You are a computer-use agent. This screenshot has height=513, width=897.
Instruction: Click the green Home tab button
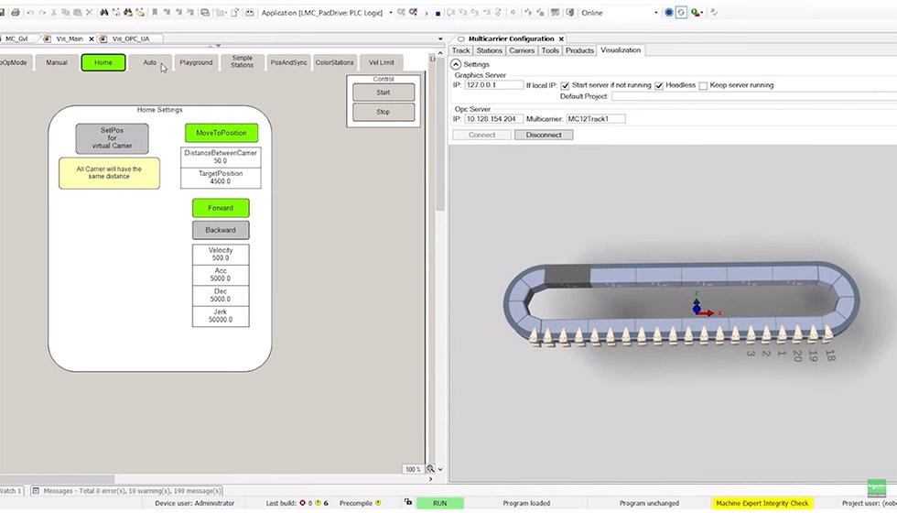coord(103,62)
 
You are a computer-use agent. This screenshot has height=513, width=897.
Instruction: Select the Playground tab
coord(196,62)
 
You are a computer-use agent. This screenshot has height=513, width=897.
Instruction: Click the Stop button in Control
coord(383,112)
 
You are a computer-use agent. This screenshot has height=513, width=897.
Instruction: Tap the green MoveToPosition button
coord(221,133)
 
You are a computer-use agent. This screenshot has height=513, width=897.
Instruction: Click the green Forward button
coord(220,208)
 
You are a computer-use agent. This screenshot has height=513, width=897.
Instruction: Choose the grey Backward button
coord(220,230)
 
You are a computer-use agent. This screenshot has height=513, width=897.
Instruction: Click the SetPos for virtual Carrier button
coord(111,138)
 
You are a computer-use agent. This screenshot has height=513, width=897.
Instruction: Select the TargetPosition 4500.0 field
coord(220,178)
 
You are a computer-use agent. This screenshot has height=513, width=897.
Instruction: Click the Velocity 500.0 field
coord(220,254)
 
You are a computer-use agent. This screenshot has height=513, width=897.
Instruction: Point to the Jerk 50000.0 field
coord(220,315)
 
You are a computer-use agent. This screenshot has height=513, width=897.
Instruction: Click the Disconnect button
coord(544,135)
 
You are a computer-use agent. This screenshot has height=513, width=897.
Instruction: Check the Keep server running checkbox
coord(703,85)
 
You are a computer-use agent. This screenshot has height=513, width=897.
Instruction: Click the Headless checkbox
coord(659,85)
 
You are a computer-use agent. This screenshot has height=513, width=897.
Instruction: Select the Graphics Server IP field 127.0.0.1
coord(493,85)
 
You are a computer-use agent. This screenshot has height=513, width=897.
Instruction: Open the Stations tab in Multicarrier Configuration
coord(489,50)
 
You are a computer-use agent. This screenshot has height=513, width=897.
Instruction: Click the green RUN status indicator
coord(439,503)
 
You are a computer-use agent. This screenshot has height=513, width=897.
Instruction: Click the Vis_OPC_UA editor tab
coord(130,38)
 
